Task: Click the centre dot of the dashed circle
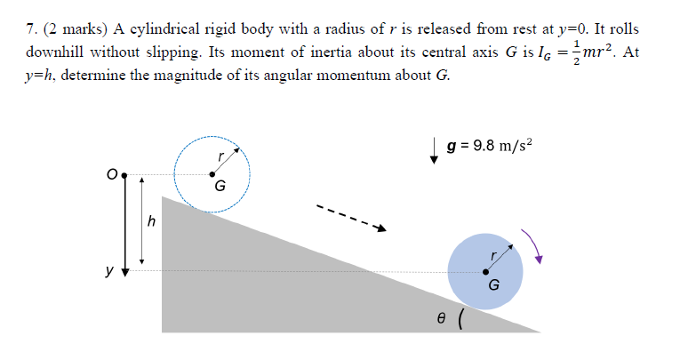(x=212, y=173)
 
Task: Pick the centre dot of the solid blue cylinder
(x=485, y=270)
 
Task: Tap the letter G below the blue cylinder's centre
(x=494, y=285)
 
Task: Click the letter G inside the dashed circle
(x=220, y=188)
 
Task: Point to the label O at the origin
(x=113, y=173)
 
